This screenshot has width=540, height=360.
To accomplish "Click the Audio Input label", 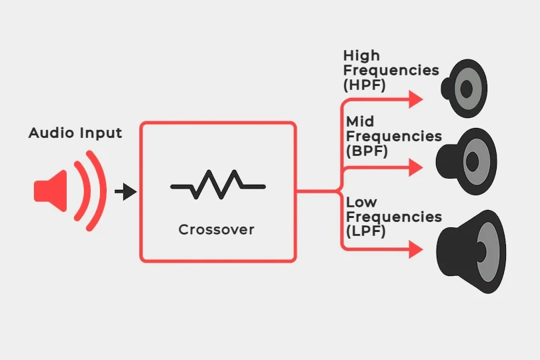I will (75, 133).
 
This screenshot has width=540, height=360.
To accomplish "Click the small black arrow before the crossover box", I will (125, 192).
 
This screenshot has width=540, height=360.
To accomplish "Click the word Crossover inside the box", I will (217, 230).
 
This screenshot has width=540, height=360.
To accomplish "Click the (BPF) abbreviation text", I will (367, 151).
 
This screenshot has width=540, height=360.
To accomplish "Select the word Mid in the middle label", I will (360, 121).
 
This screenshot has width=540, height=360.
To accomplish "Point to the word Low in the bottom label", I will (361, 201).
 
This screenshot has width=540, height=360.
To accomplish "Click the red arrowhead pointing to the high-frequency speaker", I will (416, 99).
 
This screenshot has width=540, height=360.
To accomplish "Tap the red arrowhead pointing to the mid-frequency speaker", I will (416, 167).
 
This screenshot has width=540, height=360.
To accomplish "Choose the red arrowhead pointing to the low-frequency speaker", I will (416, 250).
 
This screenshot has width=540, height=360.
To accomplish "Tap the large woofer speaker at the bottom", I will (470, 251).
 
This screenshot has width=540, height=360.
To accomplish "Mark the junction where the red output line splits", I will (341, 192).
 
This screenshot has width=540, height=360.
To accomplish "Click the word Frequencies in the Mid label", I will (394, 136).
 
